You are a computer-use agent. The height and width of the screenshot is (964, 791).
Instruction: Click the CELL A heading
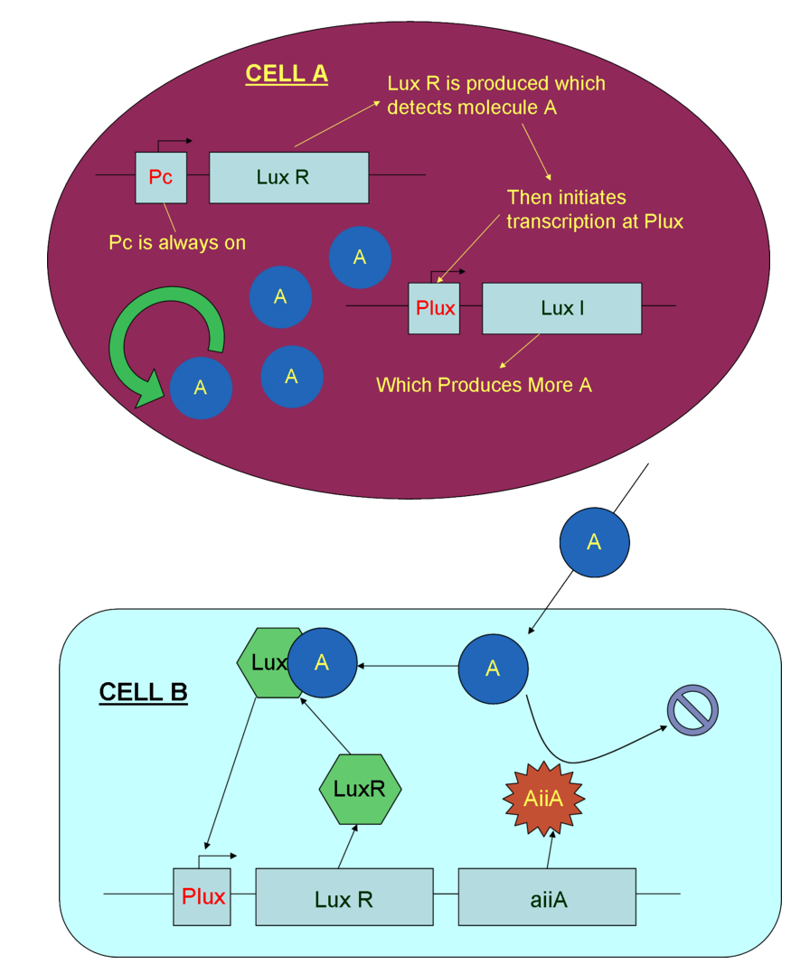pos(287,74)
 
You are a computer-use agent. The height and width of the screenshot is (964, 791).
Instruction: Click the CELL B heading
pos(143,693)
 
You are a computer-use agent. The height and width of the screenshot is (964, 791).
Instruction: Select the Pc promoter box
pos(161,177)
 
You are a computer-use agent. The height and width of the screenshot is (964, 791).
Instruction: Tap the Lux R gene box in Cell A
pos(288,177)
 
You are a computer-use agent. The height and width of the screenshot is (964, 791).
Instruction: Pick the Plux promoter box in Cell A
pos(434,308)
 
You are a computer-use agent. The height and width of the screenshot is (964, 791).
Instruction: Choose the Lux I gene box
pos(561,308)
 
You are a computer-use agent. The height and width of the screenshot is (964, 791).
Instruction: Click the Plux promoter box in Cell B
pos(202,896)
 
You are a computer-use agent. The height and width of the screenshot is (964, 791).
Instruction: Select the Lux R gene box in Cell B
pos(344,897)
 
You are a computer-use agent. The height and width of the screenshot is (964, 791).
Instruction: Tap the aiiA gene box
pos(547,897)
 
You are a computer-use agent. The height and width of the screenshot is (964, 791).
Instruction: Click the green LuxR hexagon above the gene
pos(360,789)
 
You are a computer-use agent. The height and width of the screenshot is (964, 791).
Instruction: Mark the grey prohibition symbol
pos(692,709)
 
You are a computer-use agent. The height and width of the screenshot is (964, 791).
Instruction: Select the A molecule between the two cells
pos(594,542)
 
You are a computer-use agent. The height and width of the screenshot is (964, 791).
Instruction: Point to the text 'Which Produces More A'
pos(484,385)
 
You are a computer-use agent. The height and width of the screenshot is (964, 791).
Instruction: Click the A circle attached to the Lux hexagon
pos(322,662)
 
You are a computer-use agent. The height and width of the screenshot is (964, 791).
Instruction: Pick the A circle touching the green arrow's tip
pos(201,387)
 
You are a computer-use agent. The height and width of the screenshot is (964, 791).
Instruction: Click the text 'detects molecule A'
pos(472,108)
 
